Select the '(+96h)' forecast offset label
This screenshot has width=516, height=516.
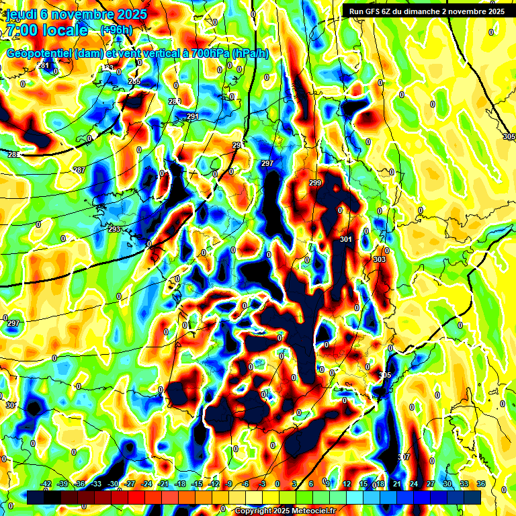[x=116, y=30]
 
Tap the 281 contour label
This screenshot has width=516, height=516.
[x=44, y=65]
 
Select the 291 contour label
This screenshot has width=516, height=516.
[x=193, y=117]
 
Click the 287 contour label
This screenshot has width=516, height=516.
[x=79, y=171]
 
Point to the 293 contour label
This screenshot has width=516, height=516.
[x=114, y=230]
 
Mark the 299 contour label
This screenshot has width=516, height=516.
[x=315, y=183]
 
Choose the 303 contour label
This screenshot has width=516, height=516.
[x=380, y=259]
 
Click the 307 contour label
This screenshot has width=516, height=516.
[x=403, y=457]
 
